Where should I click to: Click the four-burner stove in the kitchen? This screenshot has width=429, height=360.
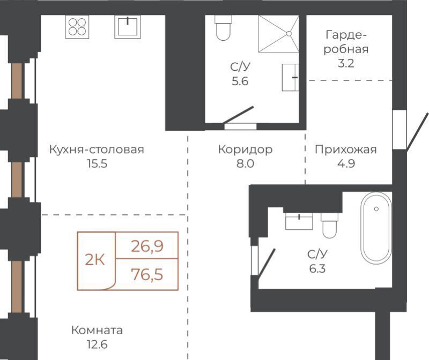point(77,26)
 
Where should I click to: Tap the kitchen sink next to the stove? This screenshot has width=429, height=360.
point(128,26)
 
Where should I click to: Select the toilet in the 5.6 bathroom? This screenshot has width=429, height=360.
point(223,28)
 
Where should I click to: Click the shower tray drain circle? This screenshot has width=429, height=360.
point(289,34)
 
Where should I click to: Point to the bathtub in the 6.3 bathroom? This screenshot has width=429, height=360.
point(376,228)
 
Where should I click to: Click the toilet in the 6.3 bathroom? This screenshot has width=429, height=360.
point(330,226)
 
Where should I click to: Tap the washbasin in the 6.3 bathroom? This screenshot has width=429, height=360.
point(299,221)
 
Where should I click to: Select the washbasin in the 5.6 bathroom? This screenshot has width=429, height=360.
point(290,77)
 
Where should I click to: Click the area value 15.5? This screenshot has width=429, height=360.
point(97,163)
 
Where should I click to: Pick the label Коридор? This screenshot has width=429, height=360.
point(245,149)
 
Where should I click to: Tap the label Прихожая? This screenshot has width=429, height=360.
point(346,149)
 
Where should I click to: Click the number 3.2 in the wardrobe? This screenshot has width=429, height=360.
point(346,63)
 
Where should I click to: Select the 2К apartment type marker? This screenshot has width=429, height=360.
point(95,259)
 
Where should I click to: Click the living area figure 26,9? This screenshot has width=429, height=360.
point(147,246)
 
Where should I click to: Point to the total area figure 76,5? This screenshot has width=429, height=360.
point(147,274)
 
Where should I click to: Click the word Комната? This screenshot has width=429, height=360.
point(97,330)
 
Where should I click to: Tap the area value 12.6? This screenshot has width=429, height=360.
point(97,344)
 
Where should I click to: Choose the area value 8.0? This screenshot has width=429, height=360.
point(245,163)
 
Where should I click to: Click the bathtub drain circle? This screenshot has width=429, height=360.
point(376,209)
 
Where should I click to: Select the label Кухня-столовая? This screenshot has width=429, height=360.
point(97,149)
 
